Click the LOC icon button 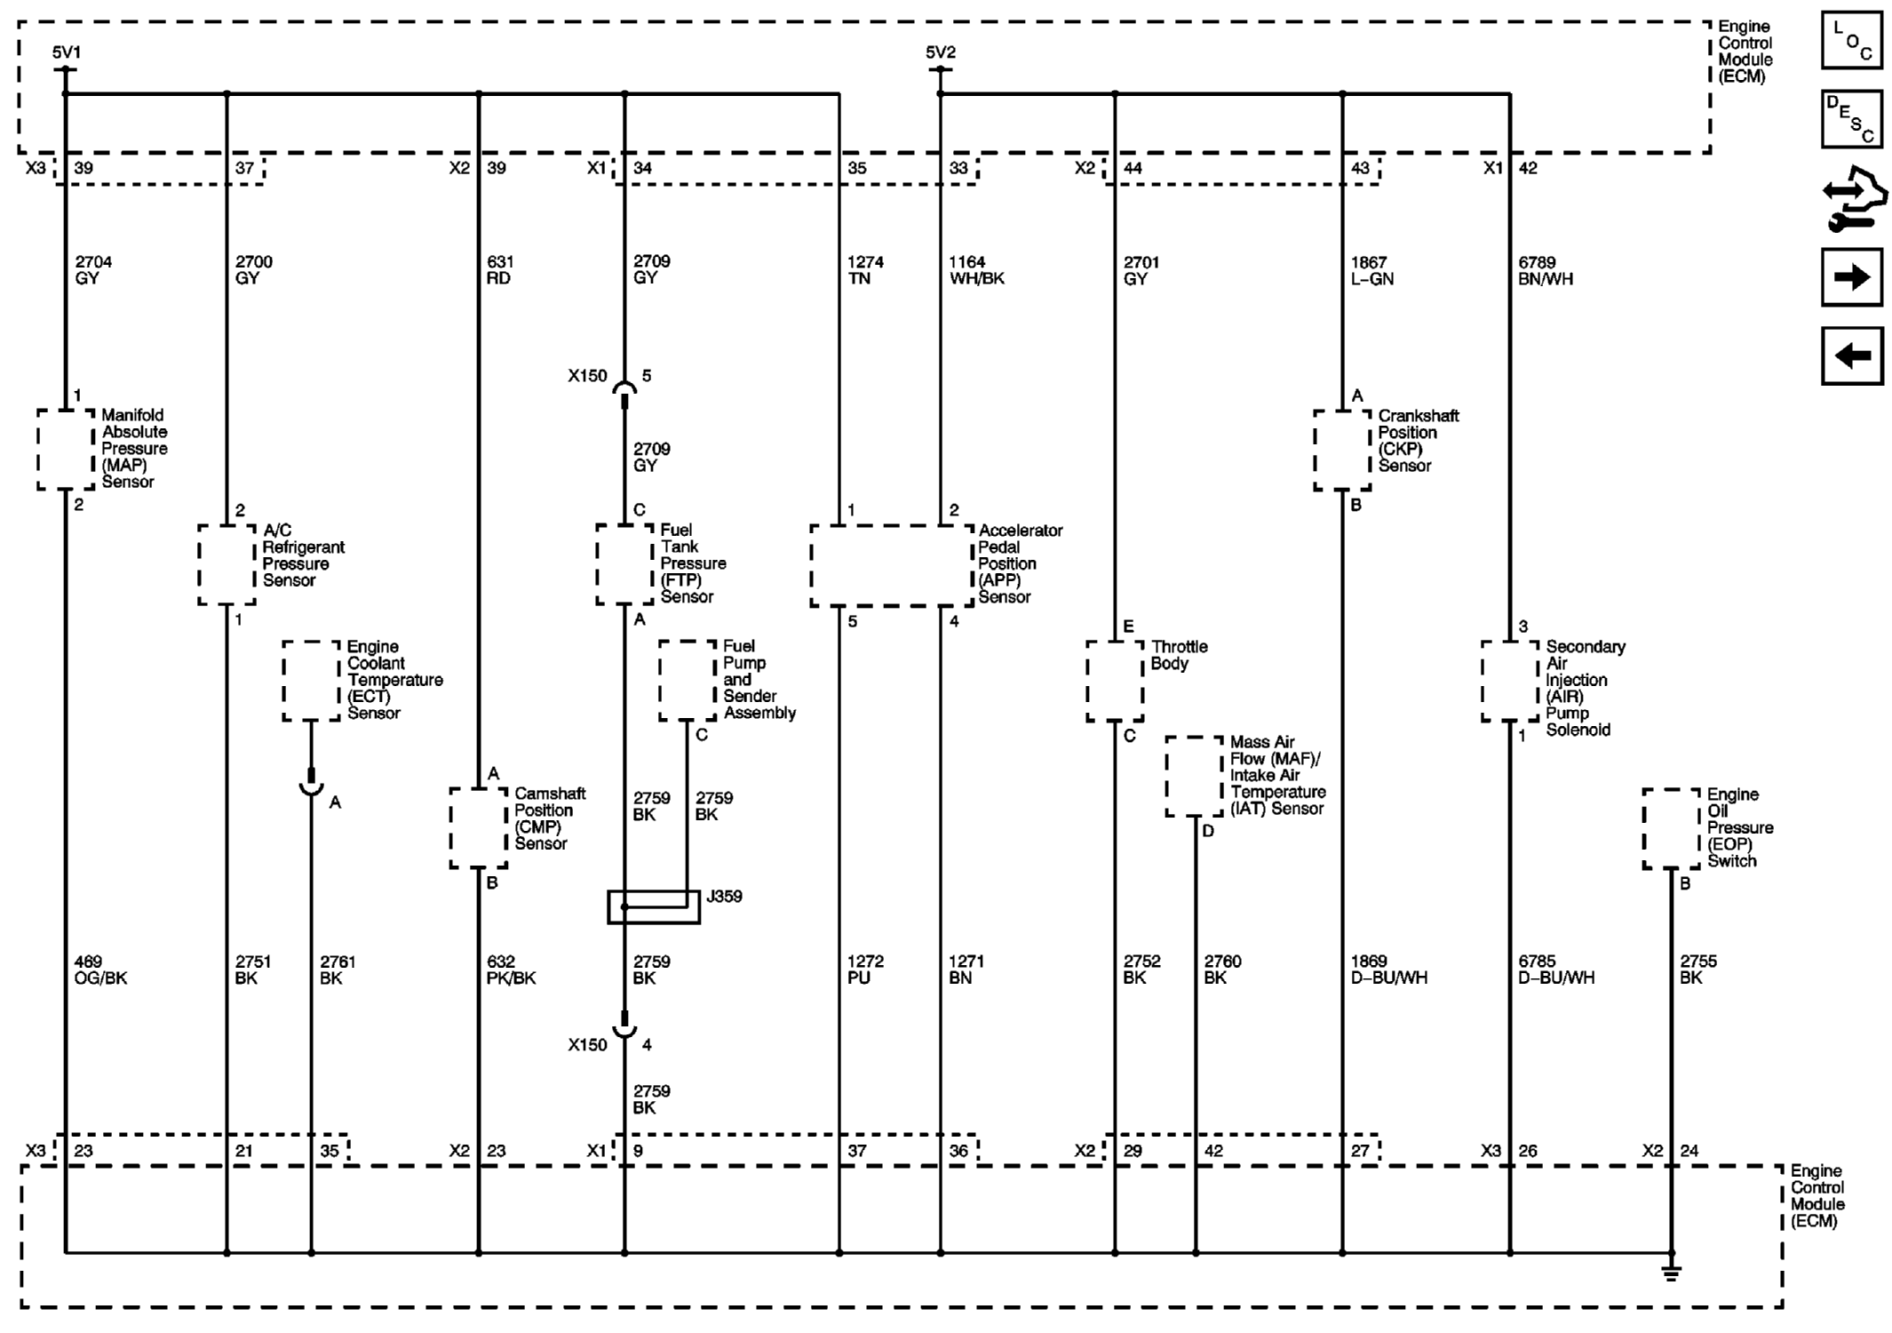coord(1851,40)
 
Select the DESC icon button coord(1851,118)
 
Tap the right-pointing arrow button coord(1851,277)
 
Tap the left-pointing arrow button coord(1852,355)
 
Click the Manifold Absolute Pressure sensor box coord(66,450)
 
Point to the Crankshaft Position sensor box coord(1342,450)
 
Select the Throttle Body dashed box coord(1115,682)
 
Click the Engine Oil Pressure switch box coord(1671,828)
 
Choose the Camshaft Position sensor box coord(479,828)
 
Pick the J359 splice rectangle coord(654,907)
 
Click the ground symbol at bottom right coord(1671,1273)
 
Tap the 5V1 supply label coord(66,52)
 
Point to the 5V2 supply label coord(941,52)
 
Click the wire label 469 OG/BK coord(100,970)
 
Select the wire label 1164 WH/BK coord(976,270)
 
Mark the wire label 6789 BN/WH coord(1546,270)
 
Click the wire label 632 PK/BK coord(511,970)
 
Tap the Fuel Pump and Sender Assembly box coord(688,681)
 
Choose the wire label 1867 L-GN coord(1371,270)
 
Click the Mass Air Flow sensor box coord(1195,777)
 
